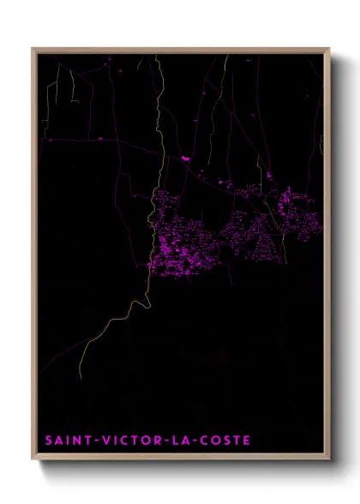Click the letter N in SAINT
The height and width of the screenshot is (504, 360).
[78, 441]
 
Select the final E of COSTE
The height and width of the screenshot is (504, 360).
[247, 441]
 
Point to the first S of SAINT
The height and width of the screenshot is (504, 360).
[48, 441]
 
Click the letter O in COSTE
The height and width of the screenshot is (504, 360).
[216, 441]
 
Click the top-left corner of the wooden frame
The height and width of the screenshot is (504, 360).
[33, 49]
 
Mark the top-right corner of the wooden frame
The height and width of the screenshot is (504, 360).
[329, 49]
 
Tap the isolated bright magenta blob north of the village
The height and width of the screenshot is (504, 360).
[185, 158]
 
